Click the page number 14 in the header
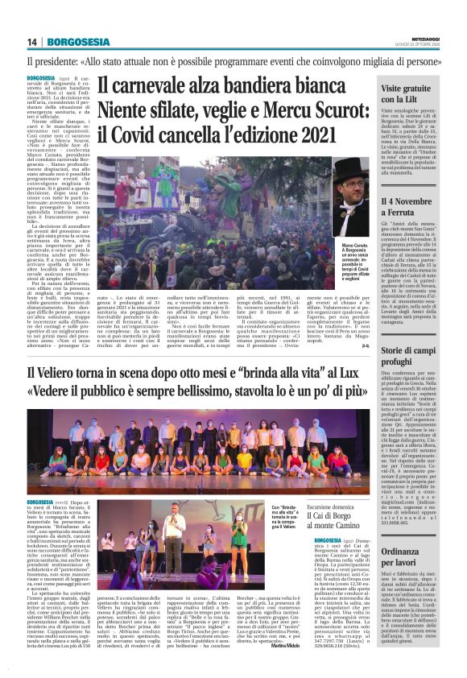(x=32, y=42)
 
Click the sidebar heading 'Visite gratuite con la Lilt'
(x=407, y=92)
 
